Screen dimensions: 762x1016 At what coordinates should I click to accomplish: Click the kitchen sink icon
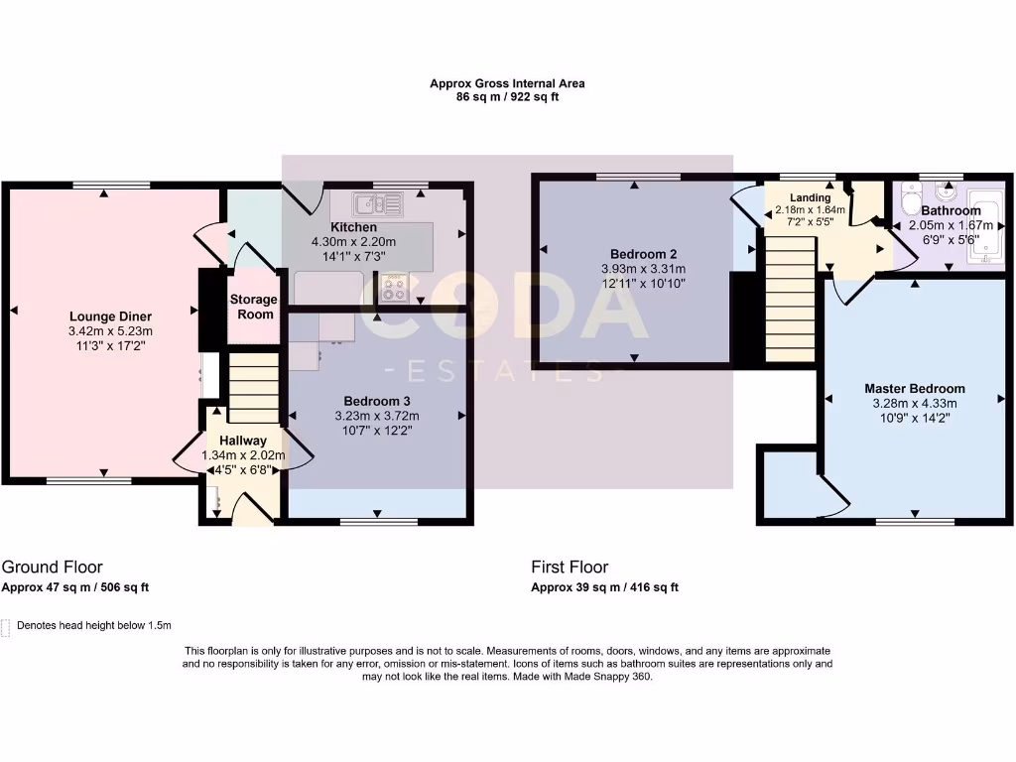[378, 204]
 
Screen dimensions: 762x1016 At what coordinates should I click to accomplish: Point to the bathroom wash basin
[943, 193]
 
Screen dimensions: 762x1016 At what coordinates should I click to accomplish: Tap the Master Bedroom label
[914, 389]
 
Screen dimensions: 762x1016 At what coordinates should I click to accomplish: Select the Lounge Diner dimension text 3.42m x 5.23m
[111, 331]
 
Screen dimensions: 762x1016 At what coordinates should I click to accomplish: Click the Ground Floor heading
[52, 568]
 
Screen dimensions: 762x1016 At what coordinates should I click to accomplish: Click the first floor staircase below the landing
[791, 305]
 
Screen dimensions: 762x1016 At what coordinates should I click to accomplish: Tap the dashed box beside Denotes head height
[7, 626]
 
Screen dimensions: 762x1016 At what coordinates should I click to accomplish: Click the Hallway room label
[243, 441]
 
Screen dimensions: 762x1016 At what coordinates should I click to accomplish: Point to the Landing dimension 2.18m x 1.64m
[810, 210]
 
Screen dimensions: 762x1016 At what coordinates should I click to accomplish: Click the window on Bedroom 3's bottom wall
[379, 520]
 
